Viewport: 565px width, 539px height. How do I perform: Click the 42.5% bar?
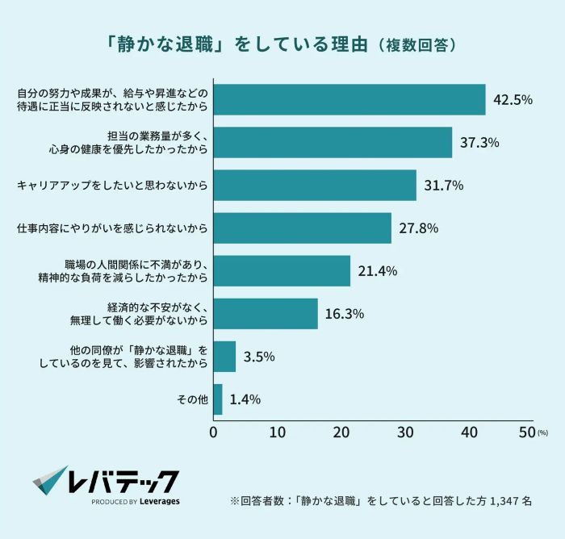pyautogui.click(x=349, y=100)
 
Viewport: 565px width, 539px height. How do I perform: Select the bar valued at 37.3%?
pyautogui.click(x=333, y=143)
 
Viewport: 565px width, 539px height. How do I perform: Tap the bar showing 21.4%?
pyautogui.click(x=282, y=271)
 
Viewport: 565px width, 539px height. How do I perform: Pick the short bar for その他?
pyautogui.click(x=218, y=399)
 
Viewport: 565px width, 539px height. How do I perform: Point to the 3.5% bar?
pyautogui.click(x=224, y=356)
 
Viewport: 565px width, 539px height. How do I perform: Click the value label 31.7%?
pyautogui.click(x=443, y=186)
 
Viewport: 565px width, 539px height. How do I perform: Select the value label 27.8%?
pyautogui.click(x=418, y=228)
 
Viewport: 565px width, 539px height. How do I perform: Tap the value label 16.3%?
pyautogui.click(x=345, y=314)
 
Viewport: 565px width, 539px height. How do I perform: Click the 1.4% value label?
pyautogui.click(x=245, y=399)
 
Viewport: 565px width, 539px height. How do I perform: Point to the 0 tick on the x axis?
pyautogui.click(x=214, y=432)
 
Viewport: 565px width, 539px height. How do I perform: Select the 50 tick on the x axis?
pyautogui.click(x=527, y=432)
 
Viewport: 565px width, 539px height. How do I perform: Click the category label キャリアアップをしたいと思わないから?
pyautogui.click(x=112, y=186)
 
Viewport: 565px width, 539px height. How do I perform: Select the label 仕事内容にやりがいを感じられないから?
pyautogui.click(x=112, y=228)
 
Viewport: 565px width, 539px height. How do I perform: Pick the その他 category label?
pyautogui.click(x=191, y=399)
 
